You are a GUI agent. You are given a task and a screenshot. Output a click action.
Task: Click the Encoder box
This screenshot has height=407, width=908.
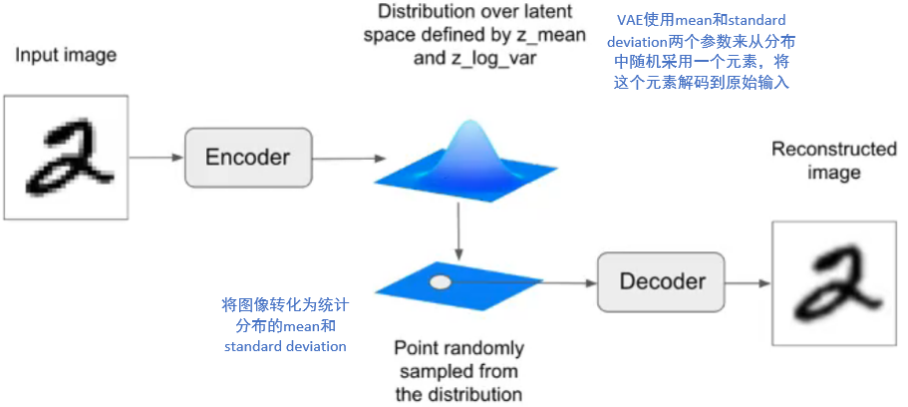pos(246,157)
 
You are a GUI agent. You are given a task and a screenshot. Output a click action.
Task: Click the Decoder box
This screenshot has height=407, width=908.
pos(662,282)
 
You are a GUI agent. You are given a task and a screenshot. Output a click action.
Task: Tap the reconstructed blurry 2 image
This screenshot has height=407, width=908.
pos(835,283)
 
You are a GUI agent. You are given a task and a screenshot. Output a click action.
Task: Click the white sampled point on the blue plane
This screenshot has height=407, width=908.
pos(440,282)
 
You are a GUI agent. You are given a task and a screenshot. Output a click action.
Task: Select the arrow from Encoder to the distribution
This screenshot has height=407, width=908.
pos(345,157)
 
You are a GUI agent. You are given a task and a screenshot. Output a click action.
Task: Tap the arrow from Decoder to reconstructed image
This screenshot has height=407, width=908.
pos(748,282)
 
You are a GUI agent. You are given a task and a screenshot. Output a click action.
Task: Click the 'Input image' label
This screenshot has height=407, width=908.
pos(65,55)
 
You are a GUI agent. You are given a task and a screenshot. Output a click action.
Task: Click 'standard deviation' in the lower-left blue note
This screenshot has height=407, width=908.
pos(285,346)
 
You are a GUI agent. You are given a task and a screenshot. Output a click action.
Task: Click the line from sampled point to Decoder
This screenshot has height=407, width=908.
pos(518,282)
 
